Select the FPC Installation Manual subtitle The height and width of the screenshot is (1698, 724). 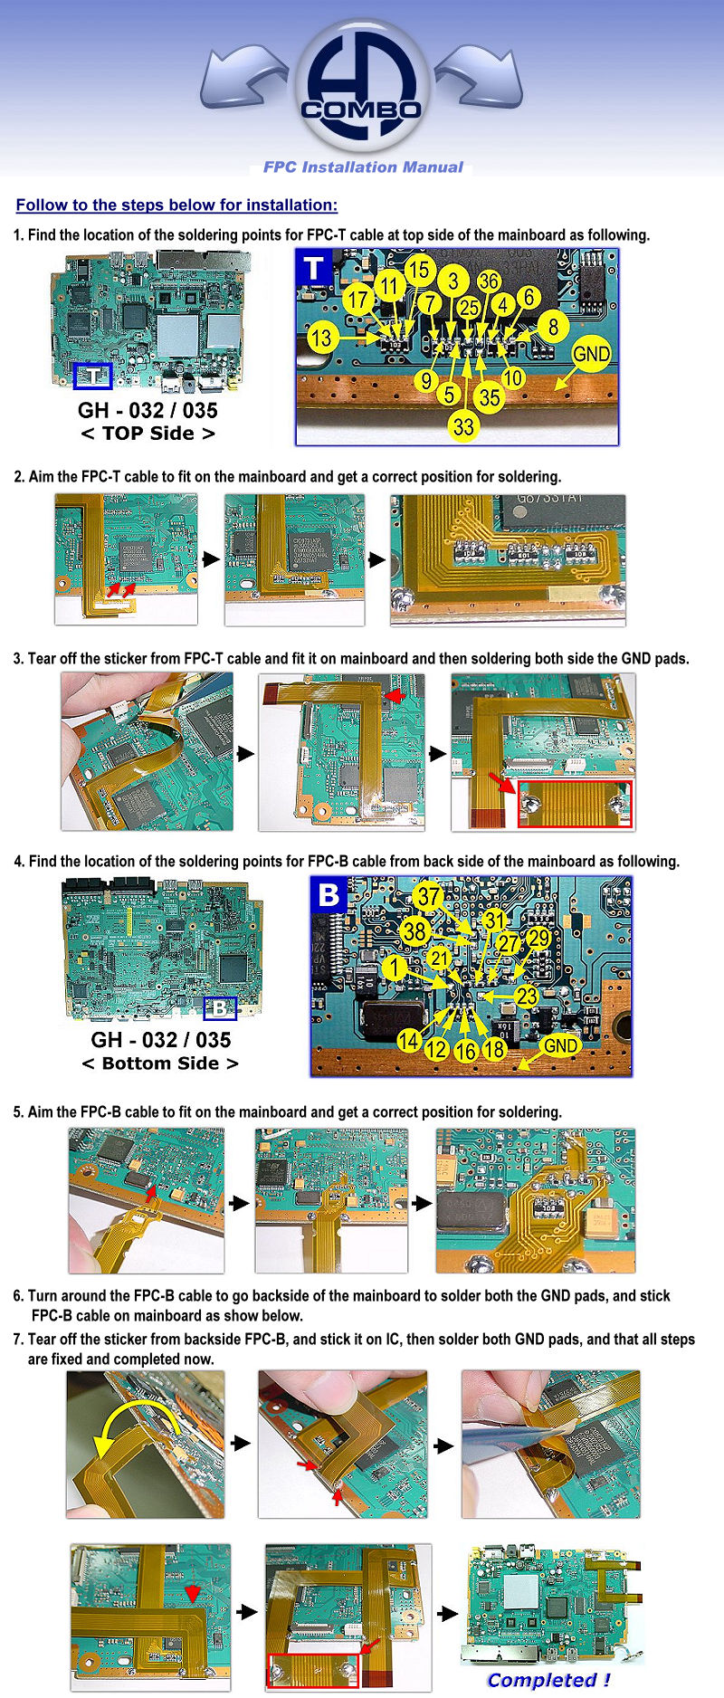click(363, 167)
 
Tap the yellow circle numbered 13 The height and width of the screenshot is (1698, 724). click(322, 339)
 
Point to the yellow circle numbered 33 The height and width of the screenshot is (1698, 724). click(463, 426)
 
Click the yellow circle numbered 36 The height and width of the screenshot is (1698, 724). click(489, 281)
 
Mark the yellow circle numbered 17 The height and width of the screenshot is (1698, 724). click(359, 300)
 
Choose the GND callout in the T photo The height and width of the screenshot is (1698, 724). click(591, 354)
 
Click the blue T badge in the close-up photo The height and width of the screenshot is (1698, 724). click(314, 269)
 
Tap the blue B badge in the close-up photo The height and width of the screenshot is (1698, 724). click(329, 895)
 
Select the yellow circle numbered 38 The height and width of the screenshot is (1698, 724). click(414, 930)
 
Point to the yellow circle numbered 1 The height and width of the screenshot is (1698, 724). click(394, 968)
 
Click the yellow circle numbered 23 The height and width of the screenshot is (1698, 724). click(527, 997)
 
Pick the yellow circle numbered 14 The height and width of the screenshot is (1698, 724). click(409, 1041)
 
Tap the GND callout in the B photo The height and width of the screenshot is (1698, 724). click(560, 1046)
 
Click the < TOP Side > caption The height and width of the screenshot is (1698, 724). click(148, 434)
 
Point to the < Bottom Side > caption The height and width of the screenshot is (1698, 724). click(160, 1064)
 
